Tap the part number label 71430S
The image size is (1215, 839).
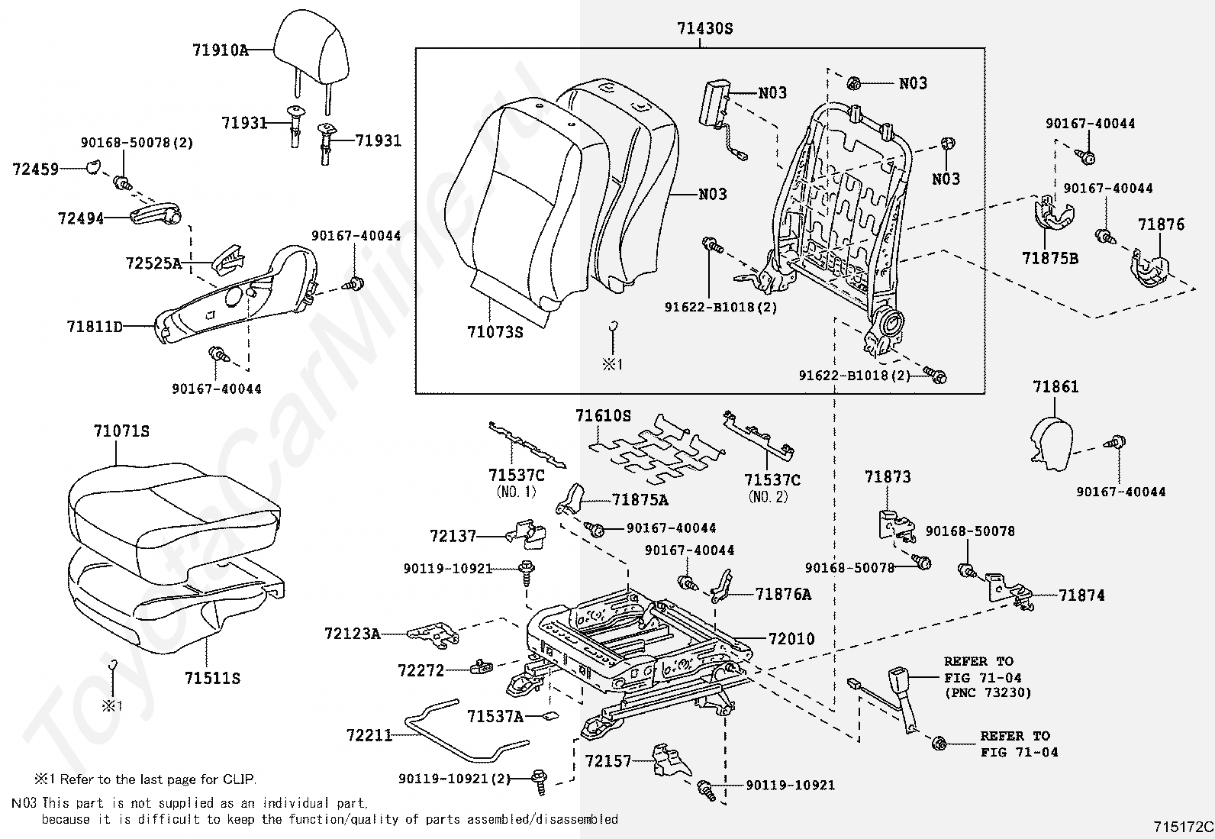[704, 28]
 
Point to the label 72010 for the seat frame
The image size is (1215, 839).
[791, 639]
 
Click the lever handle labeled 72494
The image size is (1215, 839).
[156, 217]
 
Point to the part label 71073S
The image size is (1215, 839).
[495, 331]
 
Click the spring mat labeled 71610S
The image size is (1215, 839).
[656, 450]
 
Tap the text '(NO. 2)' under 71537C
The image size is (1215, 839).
[768, 496]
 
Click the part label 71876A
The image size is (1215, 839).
[783, 595]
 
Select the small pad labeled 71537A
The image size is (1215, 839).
[549, 716]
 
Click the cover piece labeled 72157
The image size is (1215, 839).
[671, 760]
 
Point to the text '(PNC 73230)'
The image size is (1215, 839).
[988, 693]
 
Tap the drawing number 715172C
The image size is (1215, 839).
[1183, 827]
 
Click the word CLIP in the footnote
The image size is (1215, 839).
[239, 779]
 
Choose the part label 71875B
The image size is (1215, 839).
[1050, 258]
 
